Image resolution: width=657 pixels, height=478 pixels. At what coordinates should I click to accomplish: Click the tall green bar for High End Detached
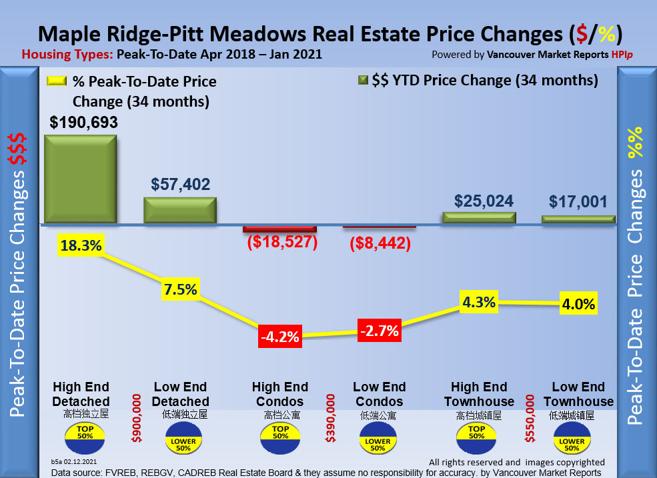pos(81,179)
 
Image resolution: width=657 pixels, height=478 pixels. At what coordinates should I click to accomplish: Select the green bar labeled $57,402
pos(180,209)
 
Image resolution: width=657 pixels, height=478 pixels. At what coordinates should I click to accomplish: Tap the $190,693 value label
pos(84,122)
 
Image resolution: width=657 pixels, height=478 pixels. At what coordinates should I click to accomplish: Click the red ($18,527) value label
pos(280,242)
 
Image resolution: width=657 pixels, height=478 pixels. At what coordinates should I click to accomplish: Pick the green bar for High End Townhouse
pos(479,217)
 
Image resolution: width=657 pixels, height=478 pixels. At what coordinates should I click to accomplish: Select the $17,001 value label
pos(579,202)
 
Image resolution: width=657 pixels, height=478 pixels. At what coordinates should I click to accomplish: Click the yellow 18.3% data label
pos(81,245)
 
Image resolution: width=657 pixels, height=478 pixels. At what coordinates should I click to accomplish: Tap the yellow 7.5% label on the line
pos(180,289)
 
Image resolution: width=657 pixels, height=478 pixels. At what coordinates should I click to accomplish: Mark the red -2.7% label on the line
pos(379,330)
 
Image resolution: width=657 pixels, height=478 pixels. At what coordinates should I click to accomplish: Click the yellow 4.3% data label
pos(479,302)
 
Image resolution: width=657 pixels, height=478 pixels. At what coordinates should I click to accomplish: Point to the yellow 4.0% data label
pos(578,304)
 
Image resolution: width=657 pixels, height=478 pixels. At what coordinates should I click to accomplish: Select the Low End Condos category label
pos(379,395)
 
